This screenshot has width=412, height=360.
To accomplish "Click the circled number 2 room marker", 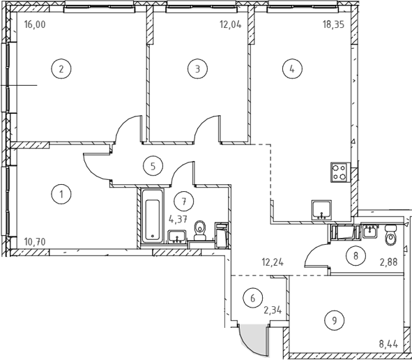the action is [x=61, y=69].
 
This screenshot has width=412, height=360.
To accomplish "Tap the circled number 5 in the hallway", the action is [x=153, y=166].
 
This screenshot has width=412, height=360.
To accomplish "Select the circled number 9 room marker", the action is [x=335, y=320].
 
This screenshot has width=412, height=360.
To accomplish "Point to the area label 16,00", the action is [x=35, y=24].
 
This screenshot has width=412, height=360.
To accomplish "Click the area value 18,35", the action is [x=333, y=24].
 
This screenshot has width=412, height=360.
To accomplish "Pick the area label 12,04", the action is [x=231, y=24].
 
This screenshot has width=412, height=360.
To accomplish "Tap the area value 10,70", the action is [x=35, y=241].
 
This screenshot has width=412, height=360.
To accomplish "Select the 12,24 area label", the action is [x=273, y=262].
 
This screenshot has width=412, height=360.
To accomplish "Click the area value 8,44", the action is [x=388, y=344].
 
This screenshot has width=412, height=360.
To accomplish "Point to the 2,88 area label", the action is [x=388, y=262].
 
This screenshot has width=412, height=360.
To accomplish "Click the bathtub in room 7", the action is [x=153, y=216].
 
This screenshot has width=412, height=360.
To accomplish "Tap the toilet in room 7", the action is [x=200, y=231].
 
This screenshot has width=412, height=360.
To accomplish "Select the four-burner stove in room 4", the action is [x=340, y=172].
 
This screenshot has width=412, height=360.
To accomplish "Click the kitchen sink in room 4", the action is [x=321, y=210].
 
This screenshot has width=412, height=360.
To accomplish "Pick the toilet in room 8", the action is [x=390, y=235].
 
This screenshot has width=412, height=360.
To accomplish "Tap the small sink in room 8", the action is [x=370, y=232].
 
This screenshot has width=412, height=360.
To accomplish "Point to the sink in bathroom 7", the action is [x=177, y=236].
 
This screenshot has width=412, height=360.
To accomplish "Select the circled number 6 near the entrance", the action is [x=253, y=298].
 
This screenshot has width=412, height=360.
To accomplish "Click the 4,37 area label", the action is [x=178, y=219].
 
